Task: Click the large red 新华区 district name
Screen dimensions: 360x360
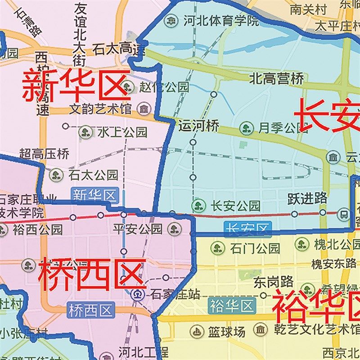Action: (x=76, y=85)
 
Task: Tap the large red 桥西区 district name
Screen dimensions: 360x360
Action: (x=92, y=274)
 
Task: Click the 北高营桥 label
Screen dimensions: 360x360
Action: (x=276, y=79)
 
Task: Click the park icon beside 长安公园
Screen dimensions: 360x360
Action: (x=198, y=206)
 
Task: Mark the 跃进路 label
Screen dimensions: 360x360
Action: (x=307, y=198)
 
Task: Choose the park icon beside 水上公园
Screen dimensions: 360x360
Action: (x=85, y=132)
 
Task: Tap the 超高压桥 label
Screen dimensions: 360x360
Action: (x=44, y=154)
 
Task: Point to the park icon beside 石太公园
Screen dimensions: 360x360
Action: (x=56, y=175)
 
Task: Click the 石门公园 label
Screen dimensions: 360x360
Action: (x=255, y=248)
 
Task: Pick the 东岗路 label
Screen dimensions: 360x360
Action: (x=273, y=282)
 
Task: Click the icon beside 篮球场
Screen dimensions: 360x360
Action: (x=197, y=333)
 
